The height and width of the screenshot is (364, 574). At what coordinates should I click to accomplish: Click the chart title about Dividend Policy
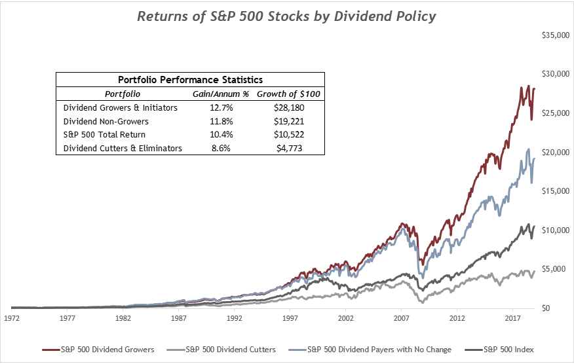click(x=286, y=16)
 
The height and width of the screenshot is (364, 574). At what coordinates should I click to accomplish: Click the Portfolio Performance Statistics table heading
click(x=190, y=80)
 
